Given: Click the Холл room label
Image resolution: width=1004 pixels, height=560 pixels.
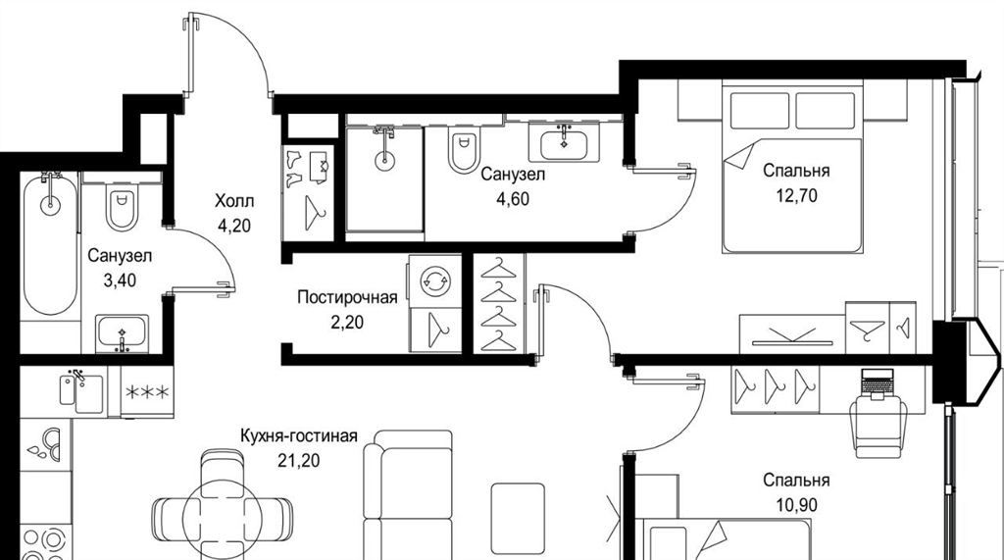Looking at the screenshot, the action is [233, 201].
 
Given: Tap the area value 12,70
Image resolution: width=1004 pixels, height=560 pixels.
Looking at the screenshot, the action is [796, 195].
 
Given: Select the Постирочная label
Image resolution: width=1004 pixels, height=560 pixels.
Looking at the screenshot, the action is [347, 297].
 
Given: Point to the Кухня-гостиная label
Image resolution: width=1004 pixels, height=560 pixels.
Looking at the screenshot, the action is [298, 436].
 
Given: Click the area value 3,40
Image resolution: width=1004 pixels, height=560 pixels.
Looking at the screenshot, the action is [120, 280].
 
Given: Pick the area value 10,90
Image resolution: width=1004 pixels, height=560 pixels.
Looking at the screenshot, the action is [796, 505].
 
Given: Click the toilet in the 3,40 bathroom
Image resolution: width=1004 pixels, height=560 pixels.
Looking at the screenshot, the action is [122, 206].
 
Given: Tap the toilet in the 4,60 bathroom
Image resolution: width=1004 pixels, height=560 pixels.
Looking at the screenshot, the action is [464, 149].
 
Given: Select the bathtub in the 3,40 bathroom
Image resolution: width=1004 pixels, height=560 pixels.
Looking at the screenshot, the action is [50, 243].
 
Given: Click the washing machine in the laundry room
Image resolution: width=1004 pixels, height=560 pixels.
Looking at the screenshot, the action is [434, 281].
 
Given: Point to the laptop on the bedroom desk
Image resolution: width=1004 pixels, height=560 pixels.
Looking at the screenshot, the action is [875, 384].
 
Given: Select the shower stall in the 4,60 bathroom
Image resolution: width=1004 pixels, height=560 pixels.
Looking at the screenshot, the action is [384, 178].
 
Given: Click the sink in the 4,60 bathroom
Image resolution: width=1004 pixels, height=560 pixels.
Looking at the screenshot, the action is [564, 143].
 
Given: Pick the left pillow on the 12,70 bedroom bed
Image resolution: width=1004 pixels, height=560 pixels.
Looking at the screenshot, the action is [760, 111].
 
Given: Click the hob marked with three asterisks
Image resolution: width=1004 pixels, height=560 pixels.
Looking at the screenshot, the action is [147, 392].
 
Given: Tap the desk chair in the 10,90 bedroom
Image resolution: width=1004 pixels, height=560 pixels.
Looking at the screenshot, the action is [877, 426].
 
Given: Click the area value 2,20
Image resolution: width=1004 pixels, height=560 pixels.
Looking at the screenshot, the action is [347, 323].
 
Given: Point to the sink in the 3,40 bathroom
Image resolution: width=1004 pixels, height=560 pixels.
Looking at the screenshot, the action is [123, 333].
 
